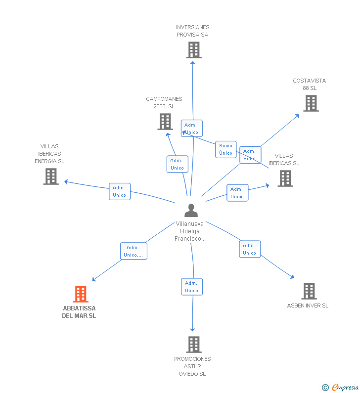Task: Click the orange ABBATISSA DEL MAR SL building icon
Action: coord(81,294)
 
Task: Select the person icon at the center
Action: coord(191,210)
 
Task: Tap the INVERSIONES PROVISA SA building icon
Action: coord(194,50)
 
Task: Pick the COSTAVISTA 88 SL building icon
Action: coord(311,103)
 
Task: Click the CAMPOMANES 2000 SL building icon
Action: coord(165,122)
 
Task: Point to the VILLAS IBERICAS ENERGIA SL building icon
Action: coord(51,176)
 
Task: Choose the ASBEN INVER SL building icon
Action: coord(309,291)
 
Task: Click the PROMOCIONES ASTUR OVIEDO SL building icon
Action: coord(194,345)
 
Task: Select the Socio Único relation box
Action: coord(226,149)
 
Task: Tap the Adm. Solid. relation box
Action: coord(250,155)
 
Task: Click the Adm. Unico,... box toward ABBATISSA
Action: coord(134,251)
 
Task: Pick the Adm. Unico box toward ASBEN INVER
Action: coord(250,249)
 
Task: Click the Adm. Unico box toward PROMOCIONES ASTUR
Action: coord(192,287)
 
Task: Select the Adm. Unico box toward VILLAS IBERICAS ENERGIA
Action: coord(120,191)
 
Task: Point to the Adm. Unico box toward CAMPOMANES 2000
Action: coord(177,164)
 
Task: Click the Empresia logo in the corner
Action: coord(340,388)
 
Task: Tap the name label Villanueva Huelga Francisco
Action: coord(190,231)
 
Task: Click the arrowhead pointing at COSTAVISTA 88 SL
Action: coord(297,116)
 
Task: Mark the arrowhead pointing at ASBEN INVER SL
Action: coord(292,276)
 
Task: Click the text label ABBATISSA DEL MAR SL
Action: coord(79,312)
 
